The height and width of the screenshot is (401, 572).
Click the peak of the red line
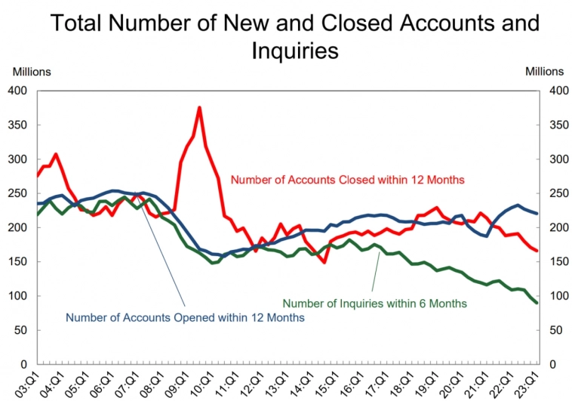pyautogui.click(x=199, y=107)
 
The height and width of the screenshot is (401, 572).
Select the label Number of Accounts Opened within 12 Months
pyautogui.click(x=185, y=318)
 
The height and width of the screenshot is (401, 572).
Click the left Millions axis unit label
pyautogui.click(x=31, y=72)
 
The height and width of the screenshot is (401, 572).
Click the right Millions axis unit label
pyautogui.click(x=544, y=72)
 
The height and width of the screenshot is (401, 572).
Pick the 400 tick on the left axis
pyautogui.click(x=17, y=91)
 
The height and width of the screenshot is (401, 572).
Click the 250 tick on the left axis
pyautogui.click(x=17, y=193)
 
